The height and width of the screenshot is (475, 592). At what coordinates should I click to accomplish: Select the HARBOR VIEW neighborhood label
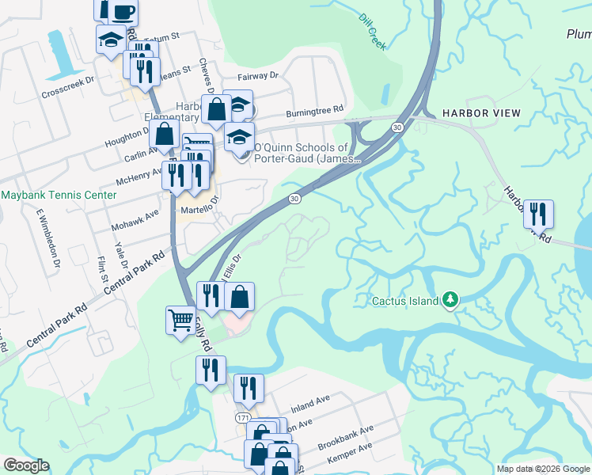[x=481, y=113]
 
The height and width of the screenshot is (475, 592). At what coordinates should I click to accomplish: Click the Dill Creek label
[x=372, y=32]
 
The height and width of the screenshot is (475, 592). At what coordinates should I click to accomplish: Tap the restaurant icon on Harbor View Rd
[x=538, y=214]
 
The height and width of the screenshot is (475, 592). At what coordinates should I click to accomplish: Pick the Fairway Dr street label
[x=259, y=76]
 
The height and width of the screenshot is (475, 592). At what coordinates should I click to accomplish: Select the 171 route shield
[x=244, y=416]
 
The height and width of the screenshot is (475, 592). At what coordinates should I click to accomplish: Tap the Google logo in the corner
[x=26, y=465]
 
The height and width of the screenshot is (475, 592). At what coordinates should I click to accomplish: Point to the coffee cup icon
[x=123, y=11]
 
